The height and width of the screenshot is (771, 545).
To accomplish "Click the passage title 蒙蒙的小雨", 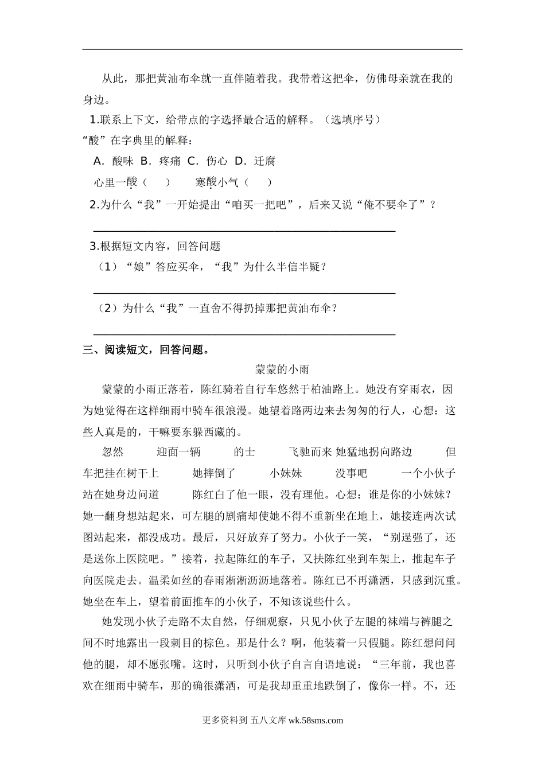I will tap(282, 369).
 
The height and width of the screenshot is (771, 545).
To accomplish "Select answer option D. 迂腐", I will tap(255, 161).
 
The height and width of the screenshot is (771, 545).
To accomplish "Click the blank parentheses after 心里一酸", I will tap(155, 182).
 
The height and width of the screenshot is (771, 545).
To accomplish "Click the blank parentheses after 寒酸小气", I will tap(258, 182).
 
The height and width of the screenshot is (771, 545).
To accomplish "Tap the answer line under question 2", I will tap(244, 231).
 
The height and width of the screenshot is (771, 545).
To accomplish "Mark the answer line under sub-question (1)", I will tap(244, 293).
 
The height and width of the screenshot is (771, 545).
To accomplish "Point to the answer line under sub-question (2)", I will tap(244, 333).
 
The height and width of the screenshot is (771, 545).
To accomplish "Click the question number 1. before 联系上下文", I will tap(95, 120).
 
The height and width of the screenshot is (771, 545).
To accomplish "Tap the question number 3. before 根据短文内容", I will tap(95, 246).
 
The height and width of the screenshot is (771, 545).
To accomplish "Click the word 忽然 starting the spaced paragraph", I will tap(112, 452).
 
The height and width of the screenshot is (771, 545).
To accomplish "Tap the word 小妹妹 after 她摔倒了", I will tap(286, 473).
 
